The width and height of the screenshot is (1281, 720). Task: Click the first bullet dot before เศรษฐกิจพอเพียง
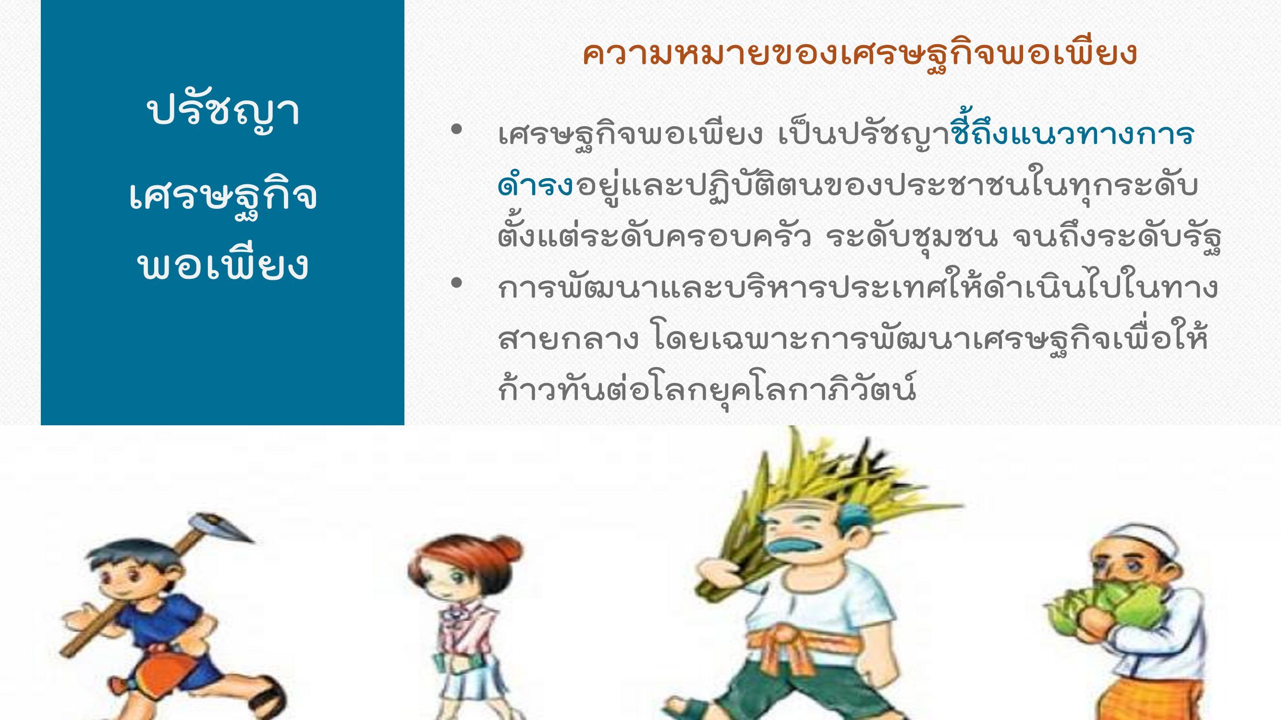456,130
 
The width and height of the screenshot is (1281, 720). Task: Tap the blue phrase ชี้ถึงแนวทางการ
1073,133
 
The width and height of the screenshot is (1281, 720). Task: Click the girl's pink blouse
467,631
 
